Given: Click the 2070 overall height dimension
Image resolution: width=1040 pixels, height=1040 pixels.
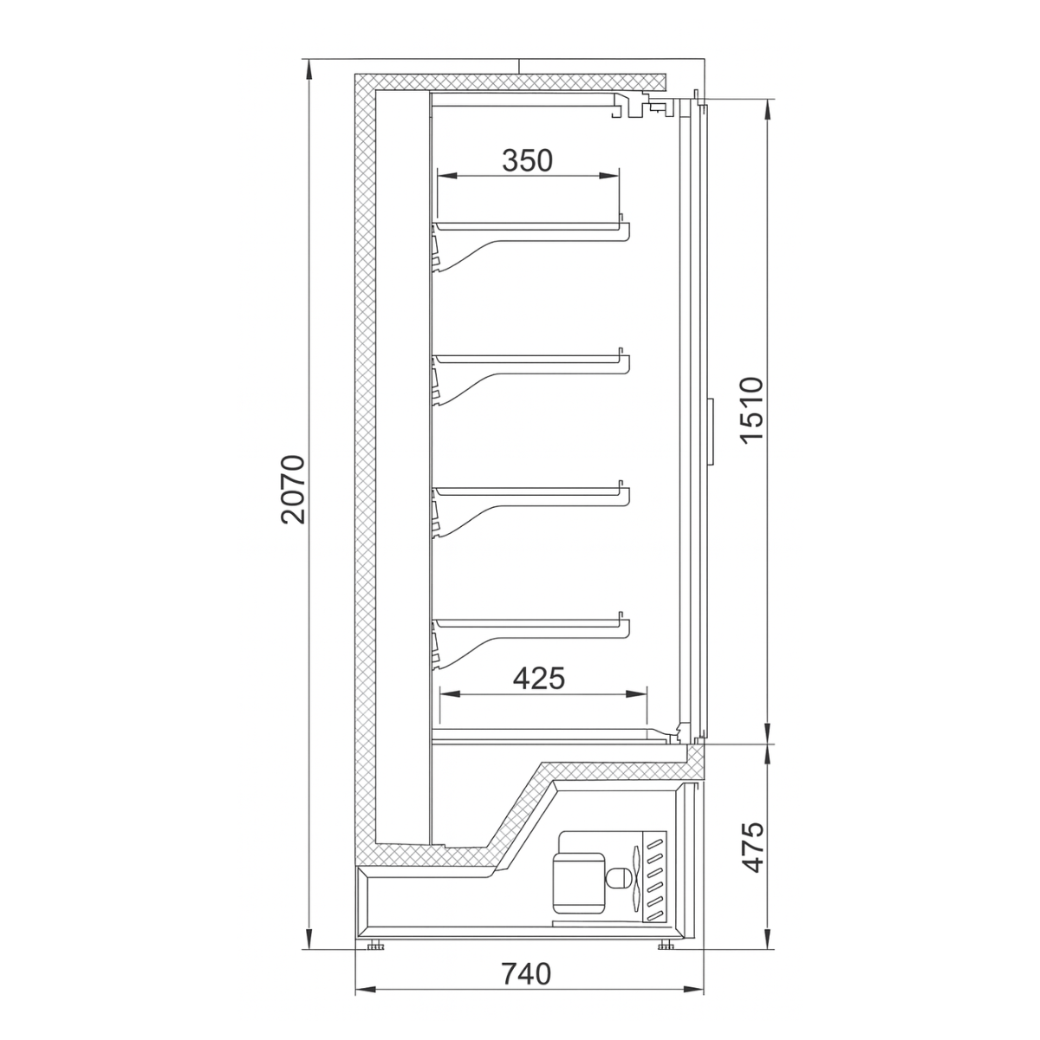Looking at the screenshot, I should pyautogui.click(x=295, y=488).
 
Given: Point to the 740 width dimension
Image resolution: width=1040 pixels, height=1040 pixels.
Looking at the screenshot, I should pyautogui.click(x=526, y=973).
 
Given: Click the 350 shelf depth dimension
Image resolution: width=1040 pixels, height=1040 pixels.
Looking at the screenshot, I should pyautogui.click(x=527, y=160).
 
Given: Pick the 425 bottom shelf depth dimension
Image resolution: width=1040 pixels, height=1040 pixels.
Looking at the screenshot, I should pyautogui.click(x=539, y=677).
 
